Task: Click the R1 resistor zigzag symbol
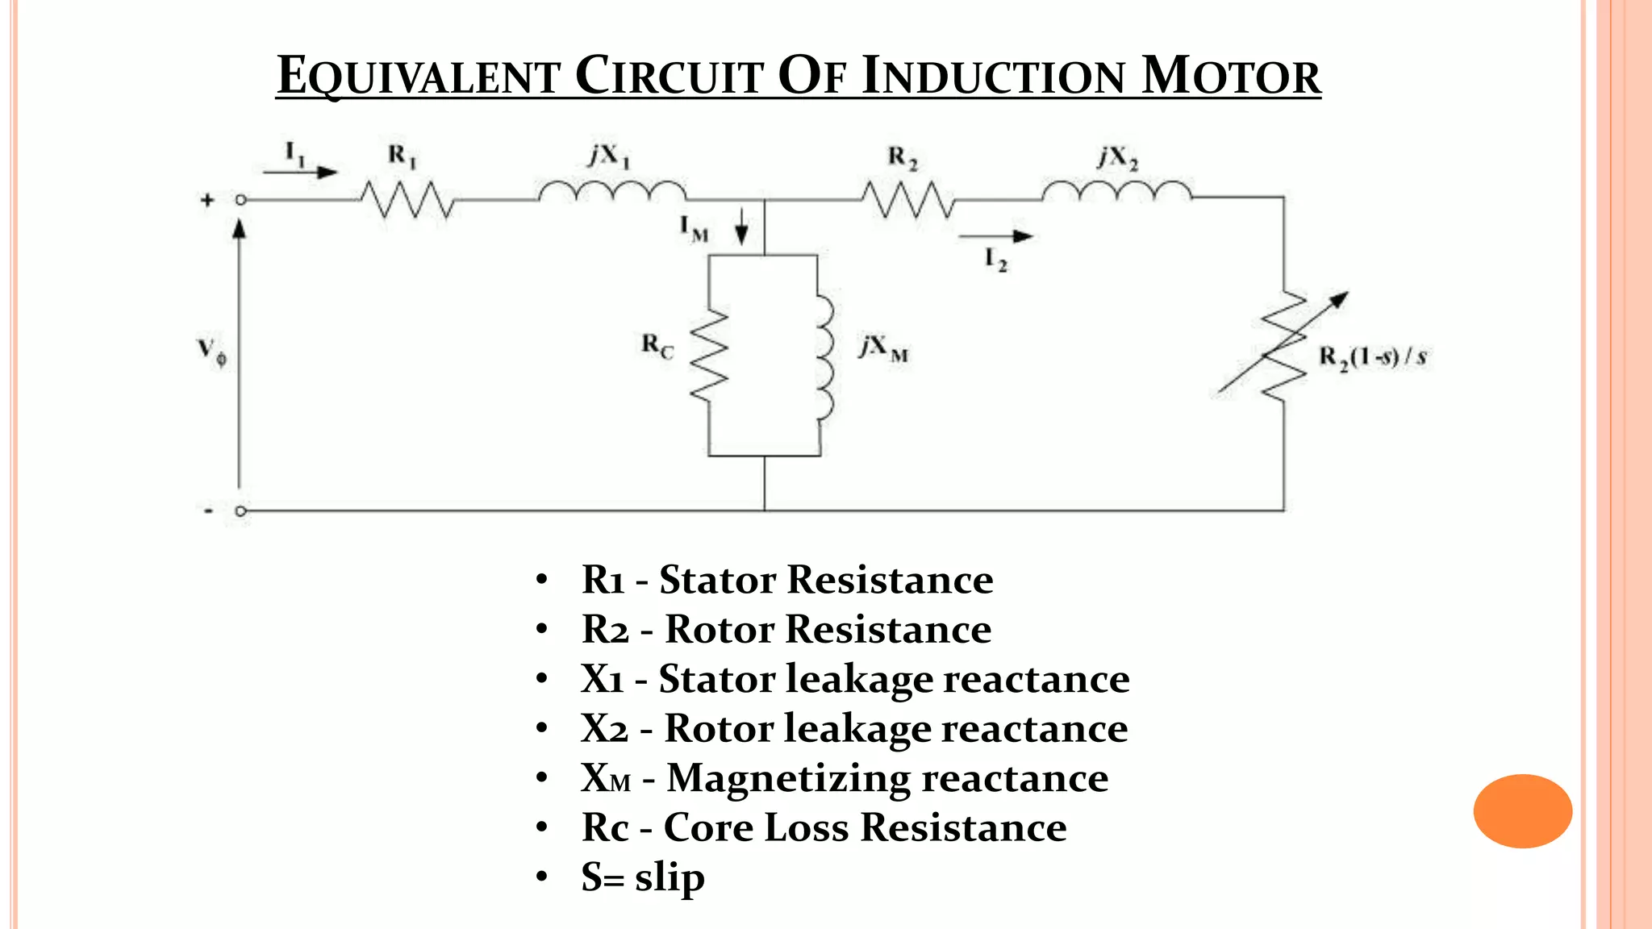[407, 200]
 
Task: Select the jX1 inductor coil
[612, 192]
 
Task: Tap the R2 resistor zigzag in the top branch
[908, 200]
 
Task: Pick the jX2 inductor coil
[1116, 192]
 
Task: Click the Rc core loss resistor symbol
[710, 355]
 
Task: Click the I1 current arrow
[300, 172]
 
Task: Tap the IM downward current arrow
[741, 227]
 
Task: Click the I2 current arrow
[995, 237]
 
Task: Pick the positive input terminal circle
[240, 200]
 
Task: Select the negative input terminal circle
[240, 511]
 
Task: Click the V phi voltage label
[212, 352]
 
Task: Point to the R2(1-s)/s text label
[1372, 356]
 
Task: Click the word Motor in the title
[1231, 77]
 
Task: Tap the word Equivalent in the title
[418, 77]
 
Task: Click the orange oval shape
[1522, 810]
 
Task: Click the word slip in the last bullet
[670, 877]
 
